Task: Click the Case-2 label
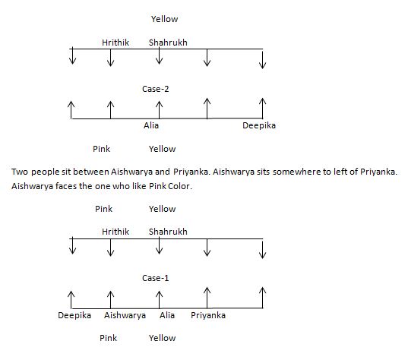tap(156, 89)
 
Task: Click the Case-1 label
tap(156, 278)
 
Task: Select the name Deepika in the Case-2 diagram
tap(259, 125)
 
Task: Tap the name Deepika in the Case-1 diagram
tap(74, 315)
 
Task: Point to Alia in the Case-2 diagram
tap(151, 125)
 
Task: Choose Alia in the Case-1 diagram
tap(167, 315)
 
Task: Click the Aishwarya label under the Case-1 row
tap(125, 315)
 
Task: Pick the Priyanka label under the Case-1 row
tap(208, 315)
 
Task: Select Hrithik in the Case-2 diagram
tap(115, 43)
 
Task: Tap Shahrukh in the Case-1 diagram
tap(168, 232)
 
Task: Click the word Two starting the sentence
tap(20, 172)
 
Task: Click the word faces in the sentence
tap(65, 186)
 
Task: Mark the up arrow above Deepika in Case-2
tap(263, 109)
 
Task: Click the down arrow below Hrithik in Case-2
tap(111, 58)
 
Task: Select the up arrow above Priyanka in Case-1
tap(207, 298)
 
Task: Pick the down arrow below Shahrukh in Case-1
tap(159, 246)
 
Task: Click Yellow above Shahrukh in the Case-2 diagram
tap(164, 19)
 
